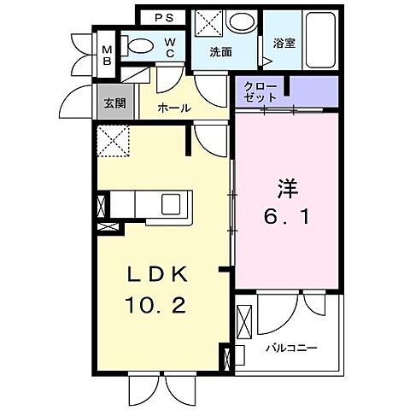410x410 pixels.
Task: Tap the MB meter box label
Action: click(108, 55)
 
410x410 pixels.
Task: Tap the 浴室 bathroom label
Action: click(284, 43)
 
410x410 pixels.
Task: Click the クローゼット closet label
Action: click(261, 92)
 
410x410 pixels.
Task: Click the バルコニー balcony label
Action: click(291, 348)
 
